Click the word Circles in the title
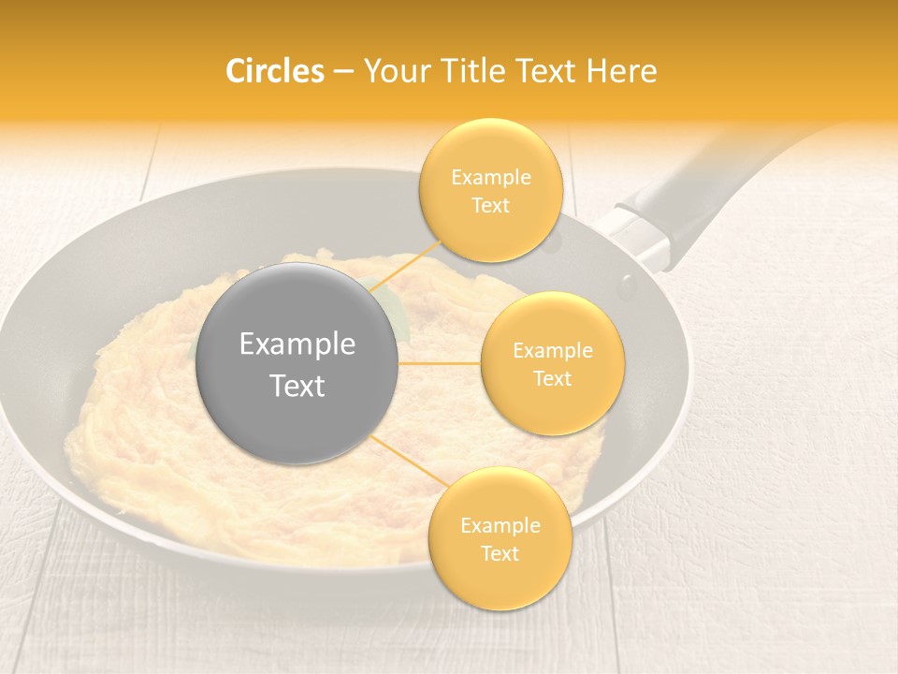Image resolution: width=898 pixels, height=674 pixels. tap(275, 71)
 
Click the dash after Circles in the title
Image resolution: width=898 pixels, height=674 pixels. tap(343, 72)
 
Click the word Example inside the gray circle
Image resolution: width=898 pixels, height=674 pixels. tap(297, 344)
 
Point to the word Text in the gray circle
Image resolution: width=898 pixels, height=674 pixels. tap(297, 386)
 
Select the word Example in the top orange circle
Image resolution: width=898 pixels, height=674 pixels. tap(491, 177)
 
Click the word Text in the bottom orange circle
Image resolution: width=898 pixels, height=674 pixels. tap(500, 553)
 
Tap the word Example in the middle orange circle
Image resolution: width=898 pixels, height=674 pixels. tap(552, 351)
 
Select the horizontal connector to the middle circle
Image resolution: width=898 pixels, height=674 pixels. tap(440, 363)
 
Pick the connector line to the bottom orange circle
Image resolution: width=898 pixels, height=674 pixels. tap(409, 460)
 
